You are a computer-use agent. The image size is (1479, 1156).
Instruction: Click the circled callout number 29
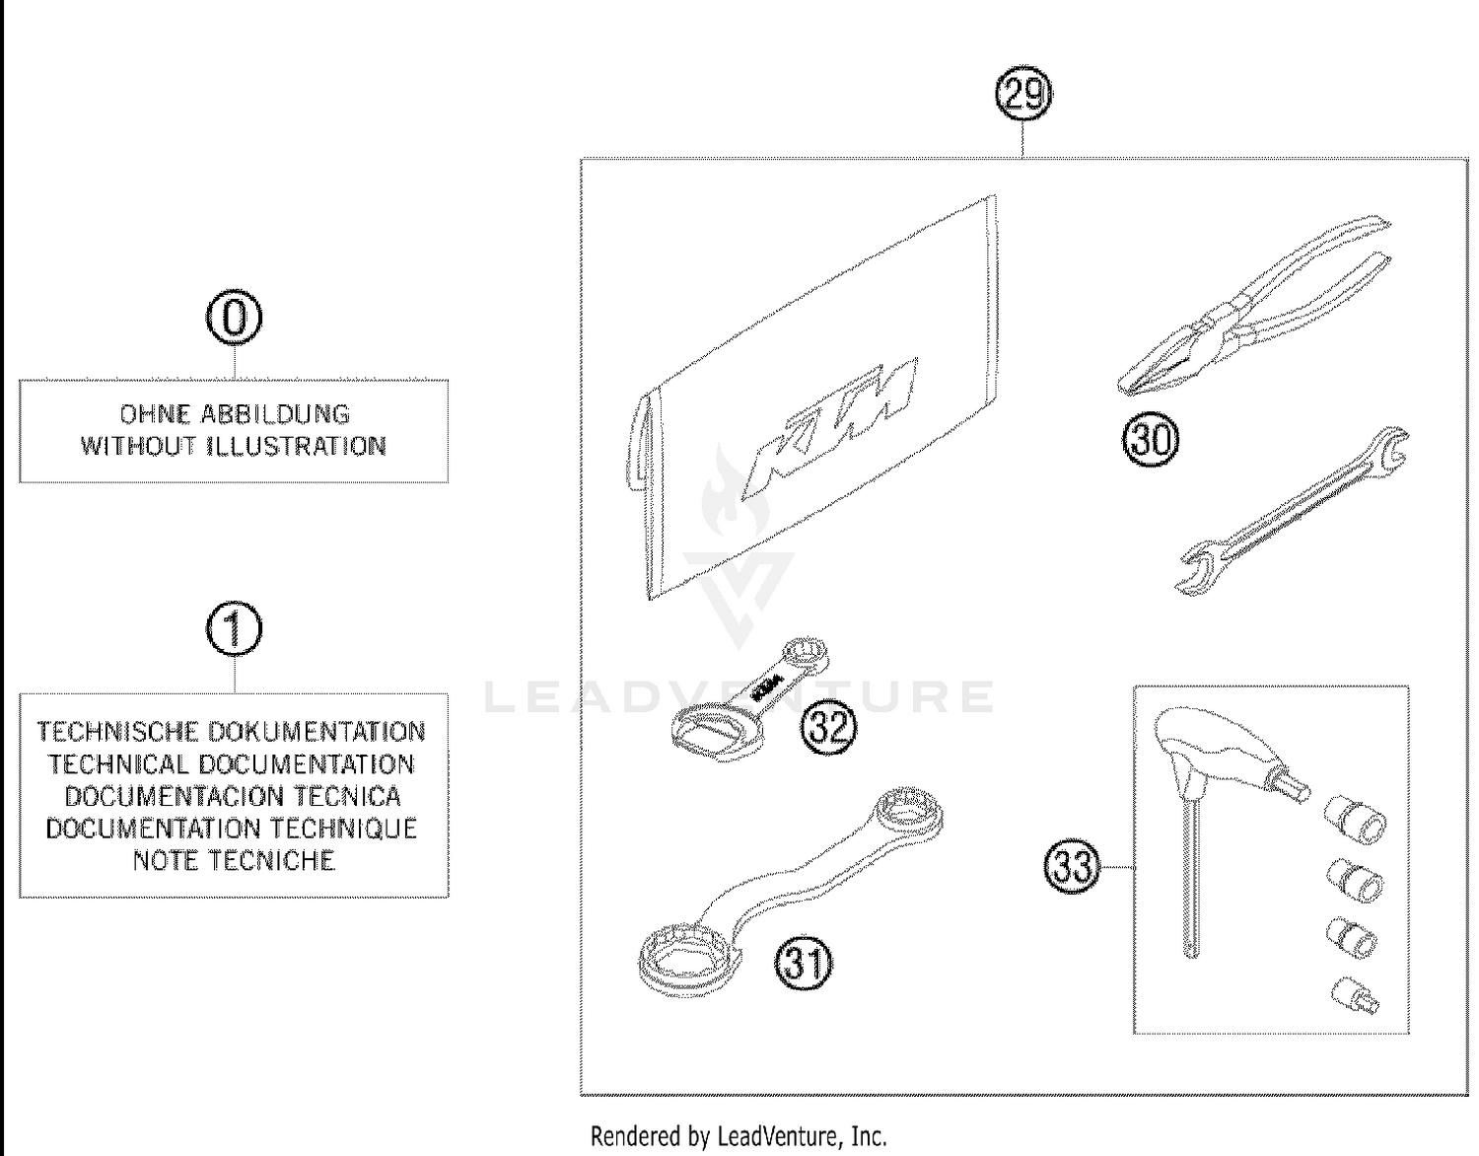(1023, 95)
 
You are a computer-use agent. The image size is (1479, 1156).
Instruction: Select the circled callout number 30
(1151, 439)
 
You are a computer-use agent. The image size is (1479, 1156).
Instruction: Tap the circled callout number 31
(804, 962)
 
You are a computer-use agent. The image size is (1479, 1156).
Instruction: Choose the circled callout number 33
(1072, 867)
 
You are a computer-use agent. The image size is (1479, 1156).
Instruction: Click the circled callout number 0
(234, 319)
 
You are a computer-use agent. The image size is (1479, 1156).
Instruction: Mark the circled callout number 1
(234, 629)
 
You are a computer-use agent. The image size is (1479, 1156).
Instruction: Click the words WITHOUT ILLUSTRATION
(234, 446)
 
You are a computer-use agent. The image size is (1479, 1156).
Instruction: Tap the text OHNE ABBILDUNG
(234, 414)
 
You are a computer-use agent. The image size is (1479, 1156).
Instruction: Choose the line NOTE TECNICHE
(234, 860)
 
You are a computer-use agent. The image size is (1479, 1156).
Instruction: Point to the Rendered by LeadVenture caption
(739, 1136)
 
